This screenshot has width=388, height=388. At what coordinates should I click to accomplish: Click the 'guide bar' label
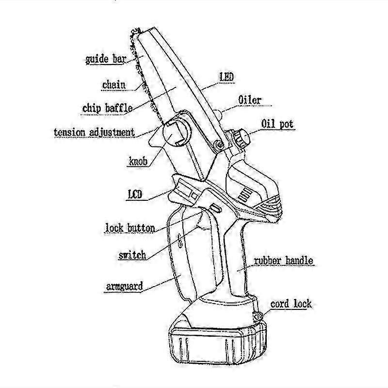point(106,60)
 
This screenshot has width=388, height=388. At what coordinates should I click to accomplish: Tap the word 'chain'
point(114,85)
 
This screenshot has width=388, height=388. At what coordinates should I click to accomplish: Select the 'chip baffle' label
point(107,108)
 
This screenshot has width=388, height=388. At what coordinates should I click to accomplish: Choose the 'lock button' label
point(130,227)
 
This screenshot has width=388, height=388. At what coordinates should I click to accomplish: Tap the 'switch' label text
point(132,255)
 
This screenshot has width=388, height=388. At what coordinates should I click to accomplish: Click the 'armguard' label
point(125,286)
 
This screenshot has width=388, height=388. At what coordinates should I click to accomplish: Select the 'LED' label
point(227,77)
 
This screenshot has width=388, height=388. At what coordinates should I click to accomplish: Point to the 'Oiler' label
point(250,100)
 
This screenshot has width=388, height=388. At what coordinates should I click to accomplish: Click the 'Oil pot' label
point(277,124)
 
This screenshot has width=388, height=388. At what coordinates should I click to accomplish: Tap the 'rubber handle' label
point(284,261)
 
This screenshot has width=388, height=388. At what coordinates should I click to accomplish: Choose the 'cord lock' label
point(291,305)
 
